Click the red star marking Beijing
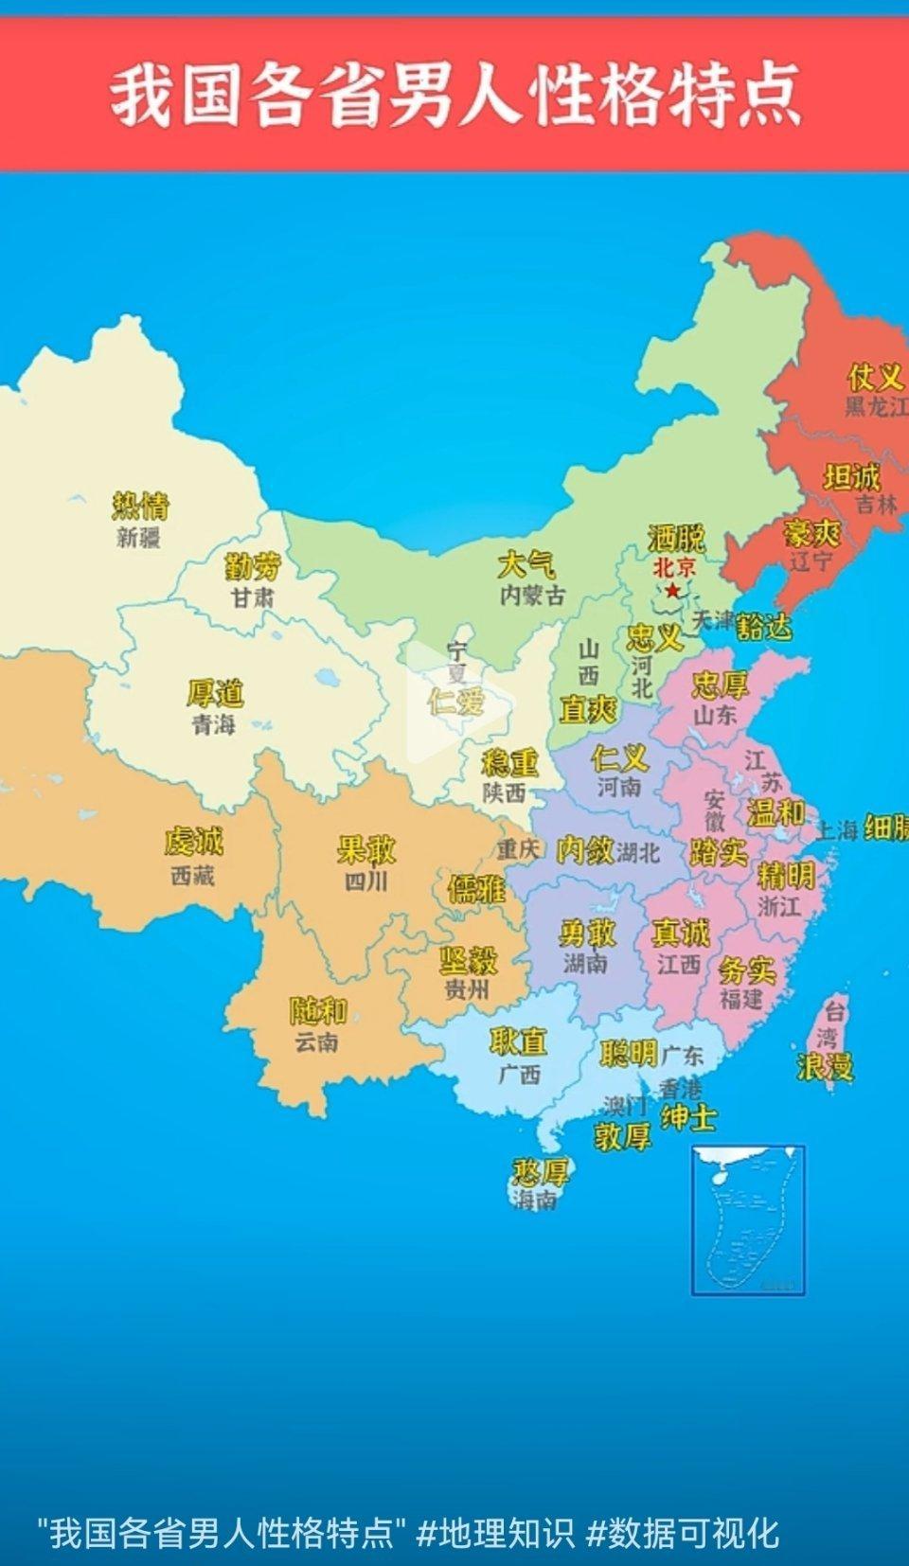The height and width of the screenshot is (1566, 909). point(672,591)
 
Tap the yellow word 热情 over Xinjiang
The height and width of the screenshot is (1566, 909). point(140,506)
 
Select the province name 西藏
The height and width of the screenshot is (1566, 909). point(193,876)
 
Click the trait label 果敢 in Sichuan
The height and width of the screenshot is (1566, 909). point(366,849)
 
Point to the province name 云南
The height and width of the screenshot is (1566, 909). point(316,1042)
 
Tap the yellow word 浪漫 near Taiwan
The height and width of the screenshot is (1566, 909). point(825,1067)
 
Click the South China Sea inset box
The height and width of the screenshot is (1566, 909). point(748,1219)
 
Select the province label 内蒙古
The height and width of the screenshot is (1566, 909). point(532,596)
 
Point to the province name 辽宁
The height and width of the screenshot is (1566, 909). point(812,561)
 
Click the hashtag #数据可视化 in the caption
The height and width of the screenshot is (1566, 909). point(683,1533)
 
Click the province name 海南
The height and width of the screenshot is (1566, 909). point(536,1201)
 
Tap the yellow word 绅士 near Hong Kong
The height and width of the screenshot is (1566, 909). point(688,1118)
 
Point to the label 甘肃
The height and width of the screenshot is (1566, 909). point(252,598)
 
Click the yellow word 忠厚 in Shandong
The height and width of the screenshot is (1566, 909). point(720,685)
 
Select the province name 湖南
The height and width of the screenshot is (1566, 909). point(585,964)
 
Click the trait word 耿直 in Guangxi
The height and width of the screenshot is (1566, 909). point(518,1042)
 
